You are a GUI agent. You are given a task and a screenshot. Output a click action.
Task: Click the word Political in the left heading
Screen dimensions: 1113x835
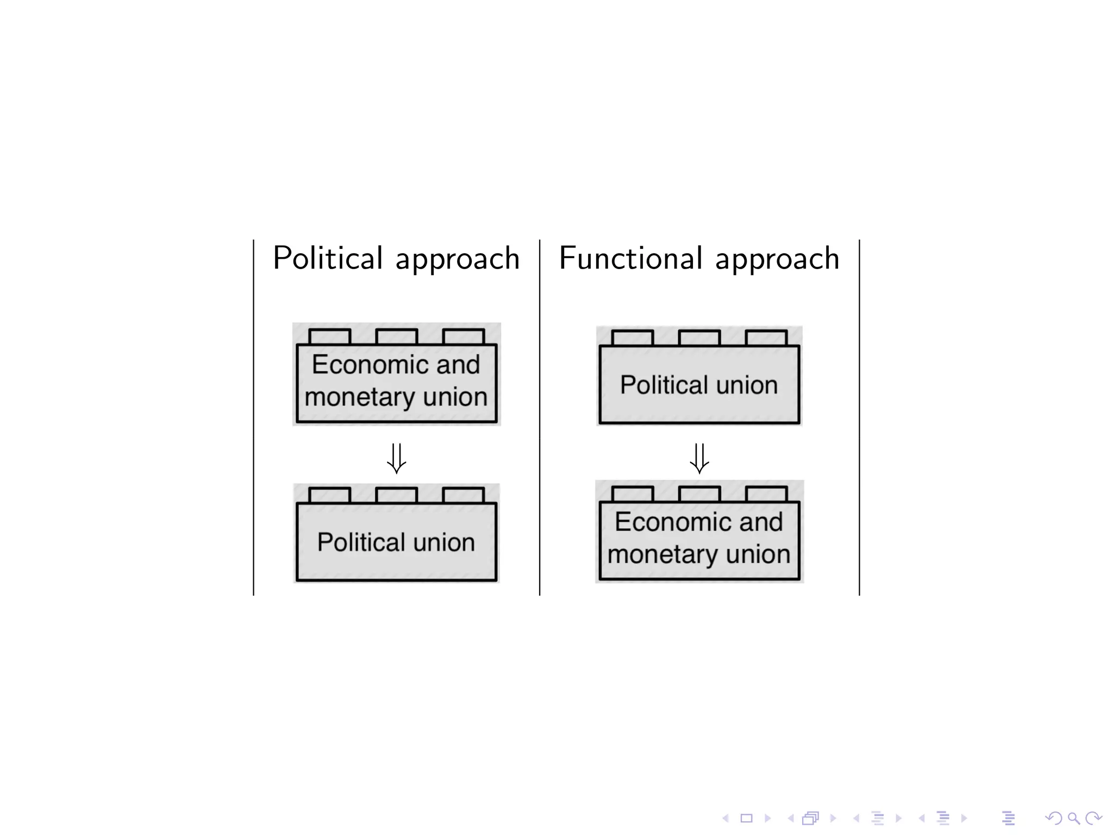pyautogui.click(x=328, y=258)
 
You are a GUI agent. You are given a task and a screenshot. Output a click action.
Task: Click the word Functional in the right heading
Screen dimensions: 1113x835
pyautogui.click(x=631, y=258)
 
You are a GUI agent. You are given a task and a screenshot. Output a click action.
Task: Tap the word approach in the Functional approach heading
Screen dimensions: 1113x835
pyautogui.click(x=777, y=259)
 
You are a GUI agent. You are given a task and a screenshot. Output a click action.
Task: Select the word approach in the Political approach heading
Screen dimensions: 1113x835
pyautogui.click(x=458, y=259)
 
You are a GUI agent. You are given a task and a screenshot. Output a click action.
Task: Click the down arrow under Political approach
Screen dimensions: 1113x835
pyautogui.click(x=396, y=458)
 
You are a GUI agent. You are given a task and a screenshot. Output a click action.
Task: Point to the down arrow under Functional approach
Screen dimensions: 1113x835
pyautogui.click(x=699, y=458)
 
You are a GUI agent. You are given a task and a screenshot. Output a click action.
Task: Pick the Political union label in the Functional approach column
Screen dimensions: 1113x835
pyautogui.click(x=699, y=385)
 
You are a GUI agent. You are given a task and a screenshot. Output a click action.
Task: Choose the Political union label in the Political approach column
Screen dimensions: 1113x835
pyautogui.click(x=396, y=542)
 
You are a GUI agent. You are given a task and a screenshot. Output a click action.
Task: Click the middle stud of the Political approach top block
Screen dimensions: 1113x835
pyautogui.click(x=396, y=337)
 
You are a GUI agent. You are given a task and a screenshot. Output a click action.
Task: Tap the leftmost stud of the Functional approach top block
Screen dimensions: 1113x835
pyautogui.click(x=632, y=338)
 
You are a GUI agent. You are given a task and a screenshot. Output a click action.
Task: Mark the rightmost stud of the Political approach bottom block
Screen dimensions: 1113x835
pyautogui.click(x=463, y=495)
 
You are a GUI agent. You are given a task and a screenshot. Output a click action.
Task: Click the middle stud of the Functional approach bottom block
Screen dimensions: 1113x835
pyautogui.click(x=699, y=494)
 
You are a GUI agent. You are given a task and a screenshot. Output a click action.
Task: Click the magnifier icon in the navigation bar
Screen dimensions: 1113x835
pyautogui.click(x=1073, y=818)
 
